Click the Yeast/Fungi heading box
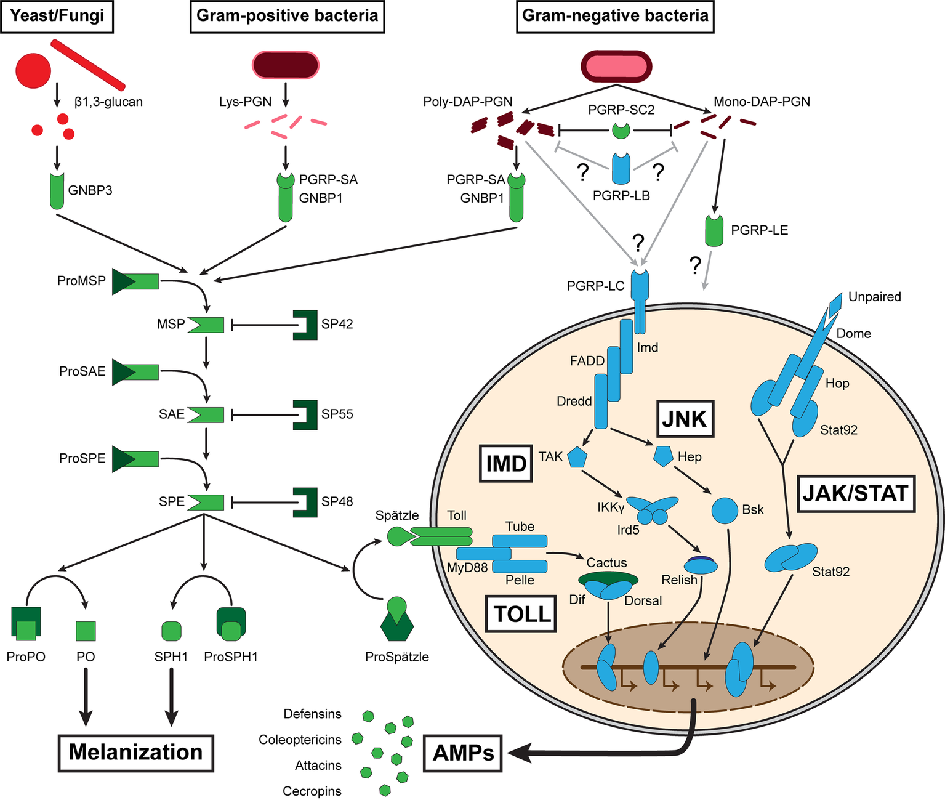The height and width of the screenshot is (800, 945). [x=57, y=15]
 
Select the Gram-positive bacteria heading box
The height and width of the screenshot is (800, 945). [x=287, y=15]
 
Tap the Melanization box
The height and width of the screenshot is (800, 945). [x=135, y=753]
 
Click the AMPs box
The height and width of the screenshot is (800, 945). [x=463, y=753]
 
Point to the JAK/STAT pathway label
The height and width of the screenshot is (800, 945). [x=856, y=493]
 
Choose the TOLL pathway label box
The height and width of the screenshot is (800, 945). [x=521, y=614]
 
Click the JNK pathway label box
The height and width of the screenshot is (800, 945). [x=685, y=419]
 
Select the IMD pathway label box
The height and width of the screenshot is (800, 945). [x=506, y=464]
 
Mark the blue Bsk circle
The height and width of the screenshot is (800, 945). [x=725, y=511]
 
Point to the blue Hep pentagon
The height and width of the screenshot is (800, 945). [x=663, y=456]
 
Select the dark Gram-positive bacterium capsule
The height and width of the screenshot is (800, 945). [x=286, y=65]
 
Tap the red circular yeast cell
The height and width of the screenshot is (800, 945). [x=33, y=71]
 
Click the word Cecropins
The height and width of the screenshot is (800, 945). [x=312, y=791]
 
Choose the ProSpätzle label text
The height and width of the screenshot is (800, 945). [x=397, y=657]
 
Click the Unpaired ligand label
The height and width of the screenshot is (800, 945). [x=874, y=297]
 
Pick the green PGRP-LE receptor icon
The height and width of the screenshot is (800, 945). [x=714, y=230]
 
